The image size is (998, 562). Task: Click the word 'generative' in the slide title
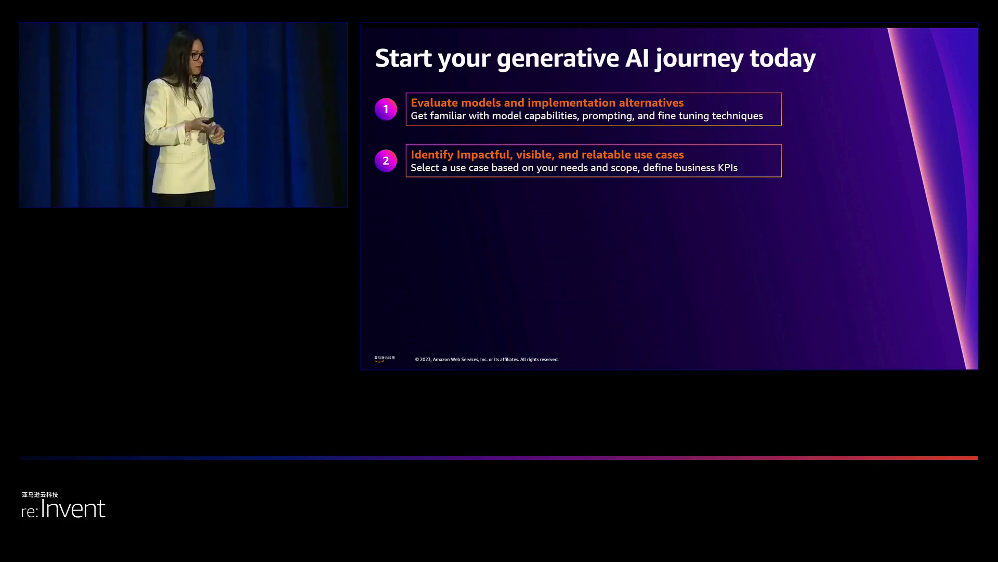pos(558,58)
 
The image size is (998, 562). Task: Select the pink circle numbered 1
pos(386,109)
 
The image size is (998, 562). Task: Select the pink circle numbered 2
pos(386,161)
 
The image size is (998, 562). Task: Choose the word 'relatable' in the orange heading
pos(606,155)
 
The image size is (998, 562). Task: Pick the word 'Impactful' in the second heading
pos(484,155)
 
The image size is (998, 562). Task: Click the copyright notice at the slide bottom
pos(487,360)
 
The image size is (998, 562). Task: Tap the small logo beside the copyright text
pos(385,359)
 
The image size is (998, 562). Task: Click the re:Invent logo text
pos(63,509)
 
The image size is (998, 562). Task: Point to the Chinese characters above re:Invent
pos(40,495)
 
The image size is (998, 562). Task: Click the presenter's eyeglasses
pos(196,56)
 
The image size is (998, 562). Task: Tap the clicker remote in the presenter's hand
pos(208,121)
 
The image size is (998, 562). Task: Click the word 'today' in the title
pos(782,59)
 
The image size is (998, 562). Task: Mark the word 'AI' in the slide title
pos(637,58)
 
